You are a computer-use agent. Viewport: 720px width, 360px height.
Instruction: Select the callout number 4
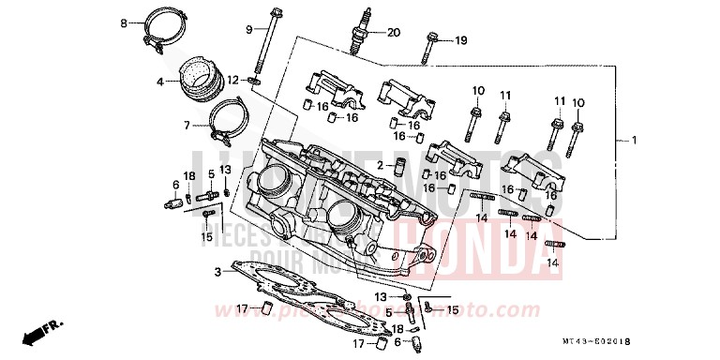point(160,82)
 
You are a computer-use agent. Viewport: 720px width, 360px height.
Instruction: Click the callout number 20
point(393,33)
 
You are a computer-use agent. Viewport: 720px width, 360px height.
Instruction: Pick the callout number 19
point(460,40)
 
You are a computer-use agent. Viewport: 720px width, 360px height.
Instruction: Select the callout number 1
point(633,141)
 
